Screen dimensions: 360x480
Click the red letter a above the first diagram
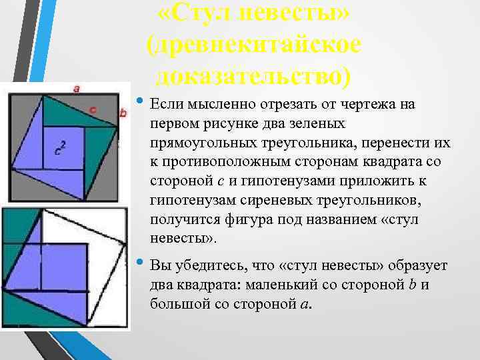coord(76,87)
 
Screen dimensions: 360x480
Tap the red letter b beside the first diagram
coord(123,113)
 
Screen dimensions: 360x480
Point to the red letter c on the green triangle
coord(93,109)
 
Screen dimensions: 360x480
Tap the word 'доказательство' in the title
coord(253,75)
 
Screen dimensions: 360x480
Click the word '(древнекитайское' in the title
coord(254,44)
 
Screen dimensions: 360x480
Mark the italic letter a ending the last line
coord(304,305)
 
